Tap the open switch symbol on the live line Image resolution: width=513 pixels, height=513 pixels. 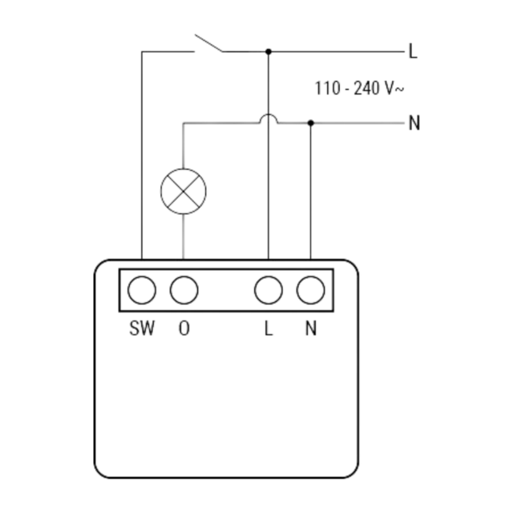pos(208,43)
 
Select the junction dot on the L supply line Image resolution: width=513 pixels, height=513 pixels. pos(269,51)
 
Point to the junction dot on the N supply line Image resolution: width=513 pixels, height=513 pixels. pos(310,123)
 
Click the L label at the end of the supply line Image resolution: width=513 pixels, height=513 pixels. pos(414,51)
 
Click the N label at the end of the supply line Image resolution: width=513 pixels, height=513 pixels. pos(414,123)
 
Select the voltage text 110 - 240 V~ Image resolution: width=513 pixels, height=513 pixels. pos(359,88)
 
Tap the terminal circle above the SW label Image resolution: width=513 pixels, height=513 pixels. pos(142,290)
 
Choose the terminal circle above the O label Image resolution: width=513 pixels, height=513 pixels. pos(184,290)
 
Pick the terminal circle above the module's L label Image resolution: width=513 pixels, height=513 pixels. pos(269,290)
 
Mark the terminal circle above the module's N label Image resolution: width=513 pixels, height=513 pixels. pos(310,290)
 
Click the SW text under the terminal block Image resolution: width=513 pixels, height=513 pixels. pos(142,328)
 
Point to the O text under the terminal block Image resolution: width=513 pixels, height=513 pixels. pos(184,328)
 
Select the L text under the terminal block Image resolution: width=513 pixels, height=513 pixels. pos(269,328)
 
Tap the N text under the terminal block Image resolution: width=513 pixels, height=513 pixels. pos(311,328)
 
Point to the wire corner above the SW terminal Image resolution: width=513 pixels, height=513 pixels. pos(142,51)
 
